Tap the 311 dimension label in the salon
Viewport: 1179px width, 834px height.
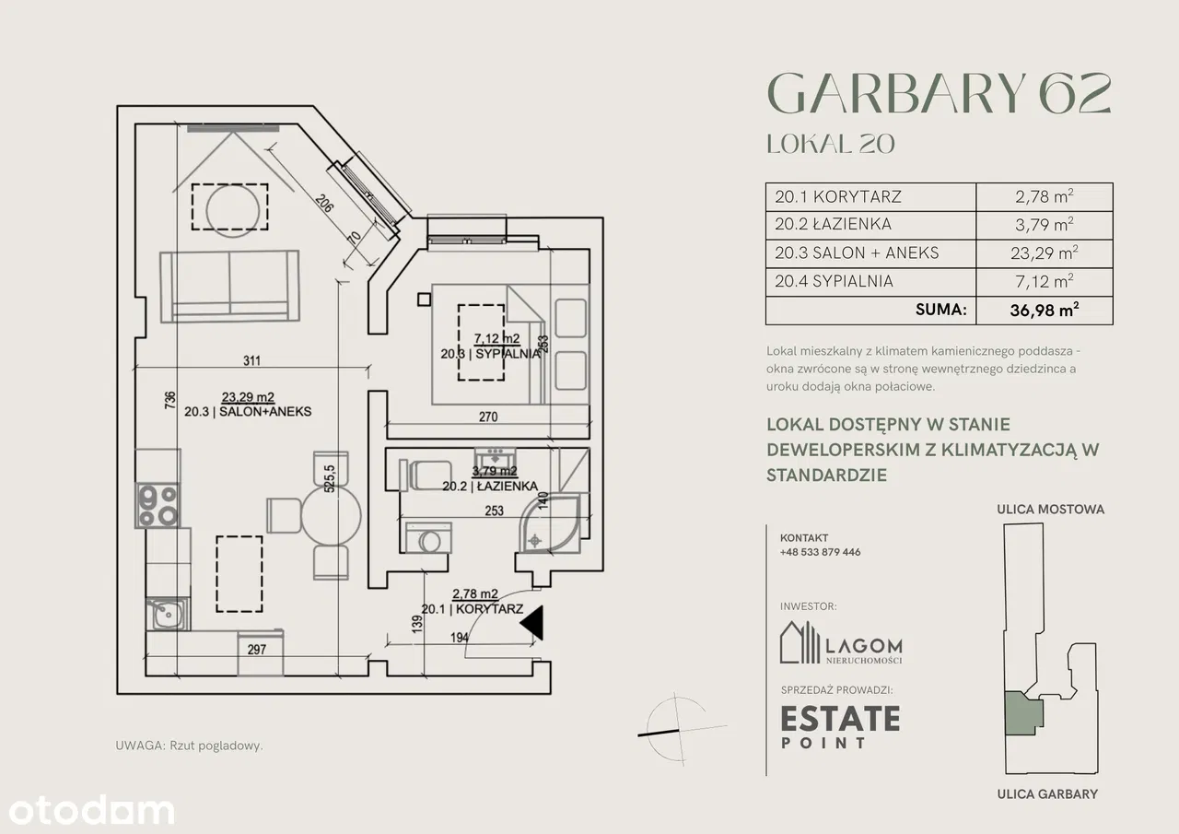pos(251,360)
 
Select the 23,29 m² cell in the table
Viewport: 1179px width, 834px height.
pos(1045,253)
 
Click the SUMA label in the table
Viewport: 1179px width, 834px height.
pos(941,310)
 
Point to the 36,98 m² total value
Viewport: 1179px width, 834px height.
pos(1045,311)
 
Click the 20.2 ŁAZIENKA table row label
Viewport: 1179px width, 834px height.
pos(834,224)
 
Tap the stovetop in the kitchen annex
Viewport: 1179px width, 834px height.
pos(158,505)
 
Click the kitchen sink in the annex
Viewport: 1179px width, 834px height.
pos(168,614)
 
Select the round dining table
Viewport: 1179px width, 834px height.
pos(331,515)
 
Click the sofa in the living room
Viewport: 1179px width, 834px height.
pos(230,286)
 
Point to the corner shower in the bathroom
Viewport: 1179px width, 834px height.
pos(550,523)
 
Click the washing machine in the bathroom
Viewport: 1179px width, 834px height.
pos(428,537)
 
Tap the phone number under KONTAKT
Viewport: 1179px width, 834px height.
pos(820,552)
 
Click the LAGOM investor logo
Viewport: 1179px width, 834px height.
pos(841,642)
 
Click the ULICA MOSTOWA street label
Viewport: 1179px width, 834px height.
pos(1051,509)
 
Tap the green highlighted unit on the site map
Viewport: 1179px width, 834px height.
pos(1023,713)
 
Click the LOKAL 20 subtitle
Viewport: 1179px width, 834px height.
pos(831,144)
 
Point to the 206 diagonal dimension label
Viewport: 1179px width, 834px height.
pos(324,204)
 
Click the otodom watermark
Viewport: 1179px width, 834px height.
pos(91,811)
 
